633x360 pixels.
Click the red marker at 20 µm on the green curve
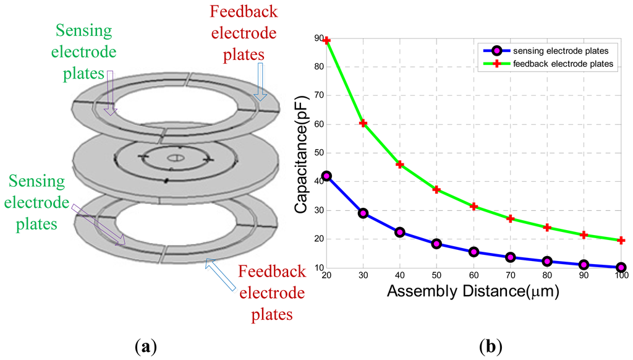click(x=327, y=41)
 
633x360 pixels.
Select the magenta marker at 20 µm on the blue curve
click(x=327, y=176)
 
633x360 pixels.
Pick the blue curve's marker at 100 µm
click(x=621, y=267)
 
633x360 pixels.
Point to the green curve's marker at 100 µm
click(x=621, y=240)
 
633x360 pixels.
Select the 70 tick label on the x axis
click(x=510, y=276)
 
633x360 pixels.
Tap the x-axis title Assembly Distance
click(x=473, y=292)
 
